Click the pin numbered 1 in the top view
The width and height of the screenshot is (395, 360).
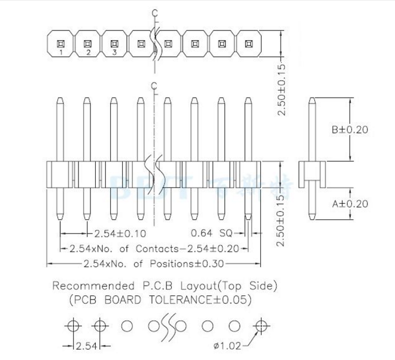60,45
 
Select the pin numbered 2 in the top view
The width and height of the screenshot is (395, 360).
87,45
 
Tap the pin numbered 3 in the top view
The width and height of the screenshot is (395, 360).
114,45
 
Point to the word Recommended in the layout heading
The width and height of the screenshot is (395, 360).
91,286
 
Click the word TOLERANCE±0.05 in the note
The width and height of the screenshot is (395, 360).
202,299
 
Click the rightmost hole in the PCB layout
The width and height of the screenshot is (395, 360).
259,326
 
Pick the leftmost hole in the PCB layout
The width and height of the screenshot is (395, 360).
73,326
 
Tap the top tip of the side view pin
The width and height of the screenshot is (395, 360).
312,99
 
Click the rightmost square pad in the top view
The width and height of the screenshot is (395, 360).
248,43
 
